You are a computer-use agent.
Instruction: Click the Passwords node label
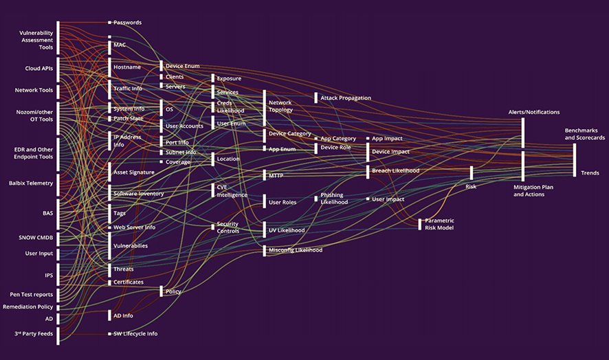[128, 23]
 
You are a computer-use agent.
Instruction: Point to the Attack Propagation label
[346, 98]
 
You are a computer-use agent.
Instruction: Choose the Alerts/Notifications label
[533, 112]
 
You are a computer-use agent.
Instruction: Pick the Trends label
[590, 173]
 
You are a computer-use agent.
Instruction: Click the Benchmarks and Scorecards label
[585, 134]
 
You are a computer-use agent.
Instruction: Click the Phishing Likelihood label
[334, 199]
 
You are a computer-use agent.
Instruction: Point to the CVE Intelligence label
[232, 190]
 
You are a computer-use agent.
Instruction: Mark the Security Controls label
[228, 228]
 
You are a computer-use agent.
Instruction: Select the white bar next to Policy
[162, 291]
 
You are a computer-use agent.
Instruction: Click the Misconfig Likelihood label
[296, 250]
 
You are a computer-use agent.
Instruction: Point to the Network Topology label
[280, 106]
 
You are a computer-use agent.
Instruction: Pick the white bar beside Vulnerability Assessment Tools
[58, 38]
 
